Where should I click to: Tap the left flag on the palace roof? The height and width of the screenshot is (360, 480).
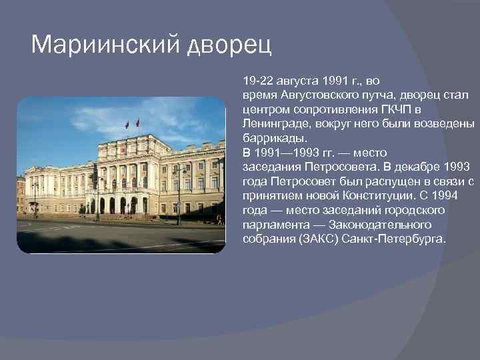pyautogui.click(x=127, y=125)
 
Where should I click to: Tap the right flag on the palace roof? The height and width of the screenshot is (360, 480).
pyautogui.click(x=137, y=123)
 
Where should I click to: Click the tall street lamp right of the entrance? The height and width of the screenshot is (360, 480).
pyautogui.click(x=178, y=193)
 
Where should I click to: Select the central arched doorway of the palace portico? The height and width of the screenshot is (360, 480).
pyautogui.click(x=113, y=205)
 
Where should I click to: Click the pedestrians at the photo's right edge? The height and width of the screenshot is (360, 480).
pyautogui.click(x=219, y=219)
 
